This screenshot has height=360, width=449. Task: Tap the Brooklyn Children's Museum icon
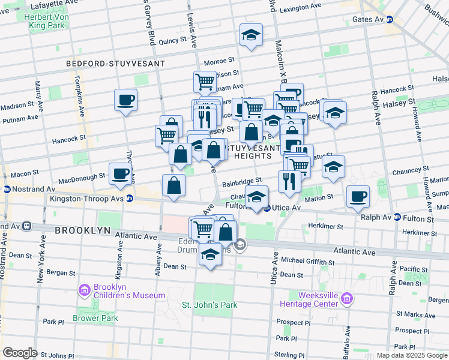tap(84, 292)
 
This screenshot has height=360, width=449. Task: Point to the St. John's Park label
tap(209, 305)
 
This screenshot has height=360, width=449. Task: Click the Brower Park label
tap(95, 318)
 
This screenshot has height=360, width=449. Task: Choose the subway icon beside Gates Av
tap(389, 19)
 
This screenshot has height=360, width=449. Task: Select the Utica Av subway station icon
tap(267, 208)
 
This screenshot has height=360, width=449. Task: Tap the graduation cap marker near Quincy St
tap(251, 35)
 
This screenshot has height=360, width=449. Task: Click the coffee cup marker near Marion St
tap(358, 196)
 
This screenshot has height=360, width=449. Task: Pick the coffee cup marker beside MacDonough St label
tap(120, 173)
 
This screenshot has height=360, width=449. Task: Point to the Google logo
tap(20, 353)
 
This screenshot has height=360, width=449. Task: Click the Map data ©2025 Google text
tap(411, 355)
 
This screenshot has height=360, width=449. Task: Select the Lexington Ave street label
tap(301, 8)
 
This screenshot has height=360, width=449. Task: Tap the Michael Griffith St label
tap(307, 262)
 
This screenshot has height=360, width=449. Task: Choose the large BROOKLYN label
tap(83, 230)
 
